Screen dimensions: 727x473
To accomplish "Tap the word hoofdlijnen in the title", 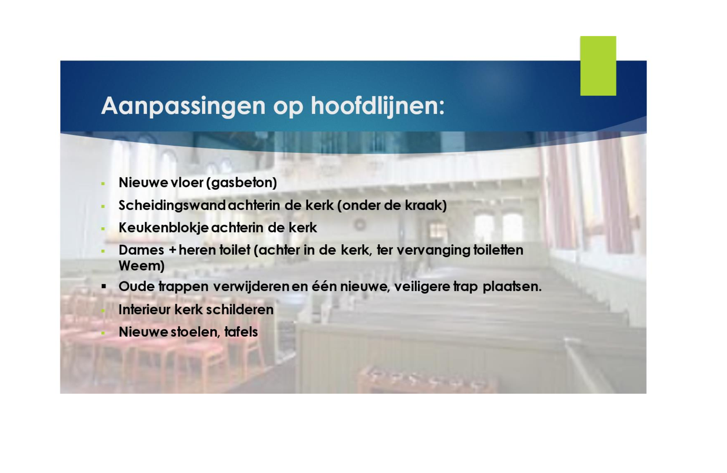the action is pyautogui.click(x=378, y=106).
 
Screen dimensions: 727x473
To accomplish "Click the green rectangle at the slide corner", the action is pyautogui.click(x=598, y=66).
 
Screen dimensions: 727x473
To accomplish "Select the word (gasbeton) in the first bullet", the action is pyautogui.click(x=242, y=183).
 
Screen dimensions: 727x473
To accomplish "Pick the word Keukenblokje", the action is pyautogui.click(x=164, y=228).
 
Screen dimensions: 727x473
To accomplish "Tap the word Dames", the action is pyautogui.click(x=142, y=250).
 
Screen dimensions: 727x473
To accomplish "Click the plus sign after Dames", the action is pyautogui.click(x=172, y=251).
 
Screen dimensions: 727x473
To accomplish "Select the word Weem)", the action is pyautogui.click(x=142, y=266).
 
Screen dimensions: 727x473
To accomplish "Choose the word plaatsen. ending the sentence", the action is pyautogui.click(x=512, y=287).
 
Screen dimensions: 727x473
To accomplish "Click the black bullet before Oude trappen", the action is pyautogui.click(x=103, y=286).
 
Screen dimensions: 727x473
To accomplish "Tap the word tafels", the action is pyautogui.click(x=241, y=332).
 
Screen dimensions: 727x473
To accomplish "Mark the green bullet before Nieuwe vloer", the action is pyautogui.click(x=103, y=184).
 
